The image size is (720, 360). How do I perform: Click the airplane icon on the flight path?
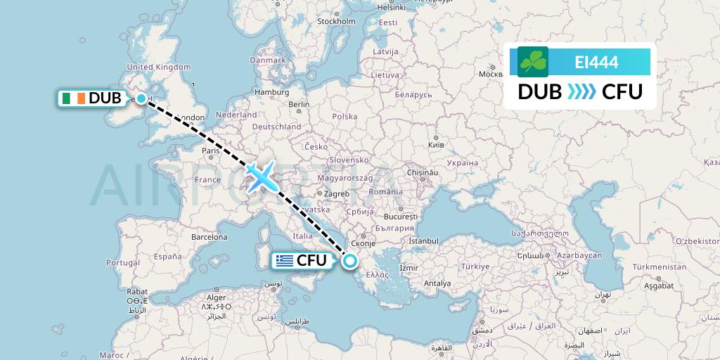click(262, 176)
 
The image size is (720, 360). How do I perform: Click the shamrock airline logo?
click(533, 62)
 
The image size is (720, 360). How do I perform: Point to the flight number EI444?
click(596, 63)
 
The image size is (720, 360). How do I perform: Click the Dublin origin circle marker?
click(142, 99)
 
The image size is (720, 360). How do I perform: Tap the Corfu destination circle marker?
click(349, 262)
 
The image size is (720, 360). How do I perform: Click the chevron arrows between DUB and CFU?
click(580, 92)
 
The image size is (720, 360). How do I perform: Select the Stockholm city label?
click(336, 21)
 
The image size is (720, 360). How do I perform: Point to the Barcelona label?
click(210, 237)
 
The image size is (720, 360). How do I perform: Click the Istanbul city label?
click(423, 240)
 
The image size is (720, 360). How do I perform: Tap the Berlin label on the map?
click(299, 103)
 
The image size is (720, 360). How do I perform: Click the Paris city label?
click(211, 150)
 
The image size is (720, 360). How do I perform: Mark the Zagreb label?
click(336, 193)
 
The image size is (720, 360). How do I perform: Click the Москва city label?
click(490, 73)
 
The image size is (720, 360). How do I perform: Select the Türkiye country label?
click(475, 266)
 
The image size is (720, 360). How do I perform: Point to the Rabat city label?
click(137, 290)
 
